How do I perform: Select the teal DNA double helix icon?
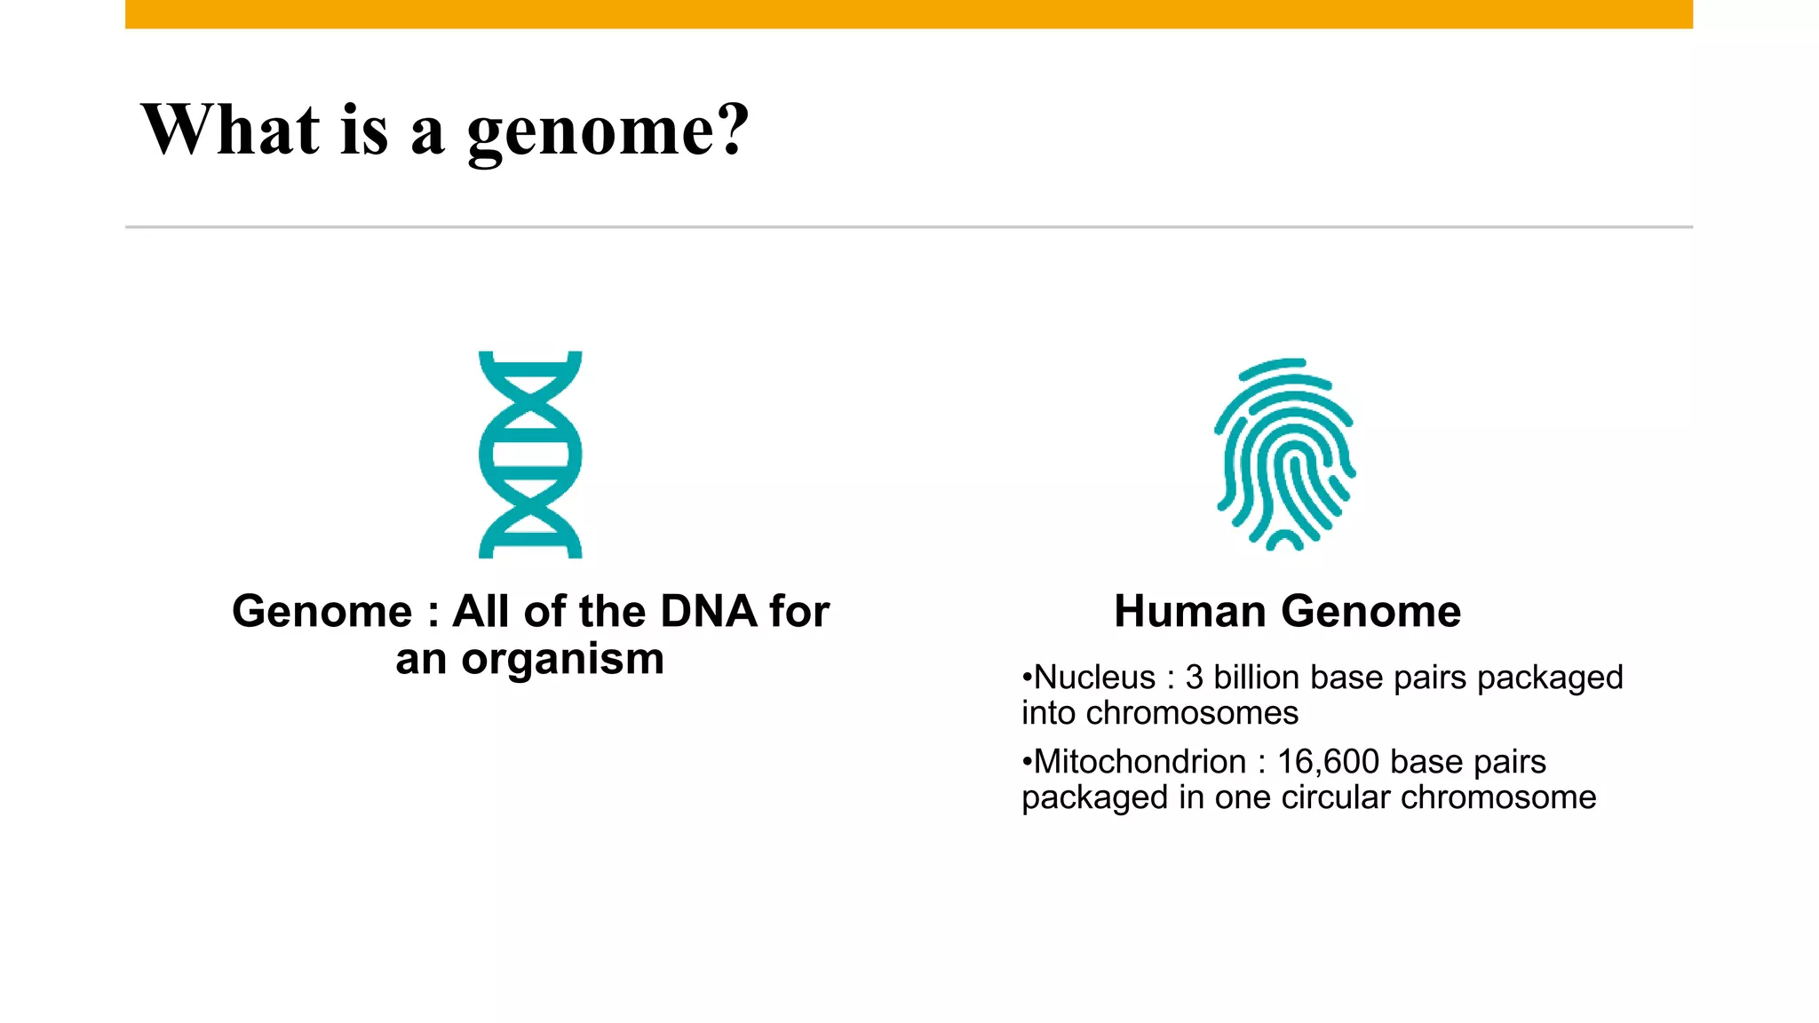click(530, 454)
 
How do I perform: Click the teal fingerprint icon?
click(1284, 454)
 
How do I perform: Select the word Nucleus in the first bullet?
click(1095, 678)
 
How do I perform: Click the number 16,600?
click(1328, 762)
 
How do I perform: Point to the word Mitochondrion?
click(1140, 762)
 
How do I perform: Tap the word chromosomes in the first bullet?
click(1192, 713)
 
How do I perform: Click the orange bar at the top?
click(909, 14)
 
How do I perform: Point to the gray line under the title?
click(909, 227)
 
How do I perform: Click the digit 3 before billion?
click(1194, 678)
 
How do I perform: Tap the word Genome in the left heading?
click(322, 612)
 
